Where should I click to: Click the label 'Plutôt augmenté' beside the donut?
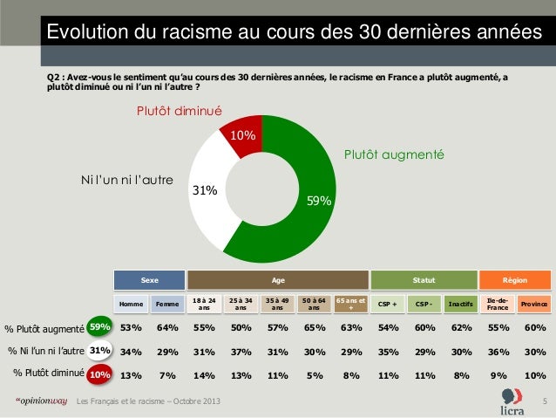pos(394,154)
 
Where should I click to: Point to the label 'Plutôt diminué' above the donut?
pos(179,112)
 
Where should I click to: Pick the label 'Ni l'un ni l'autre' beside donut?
pos(127,181)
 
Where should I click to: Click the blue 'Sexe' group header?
pos(151,280)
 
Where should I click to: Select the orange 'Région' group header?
pos(514,280)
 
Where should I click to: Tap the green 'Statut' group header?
pos(424,280)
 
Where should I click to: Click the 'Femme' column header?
pos(165,305)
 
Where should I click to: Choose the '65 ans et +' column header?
pos(351,304)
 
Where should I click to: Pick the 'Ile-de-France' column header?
pos(498,304)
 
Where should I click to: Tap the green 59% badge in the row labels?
pos(100,328)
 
